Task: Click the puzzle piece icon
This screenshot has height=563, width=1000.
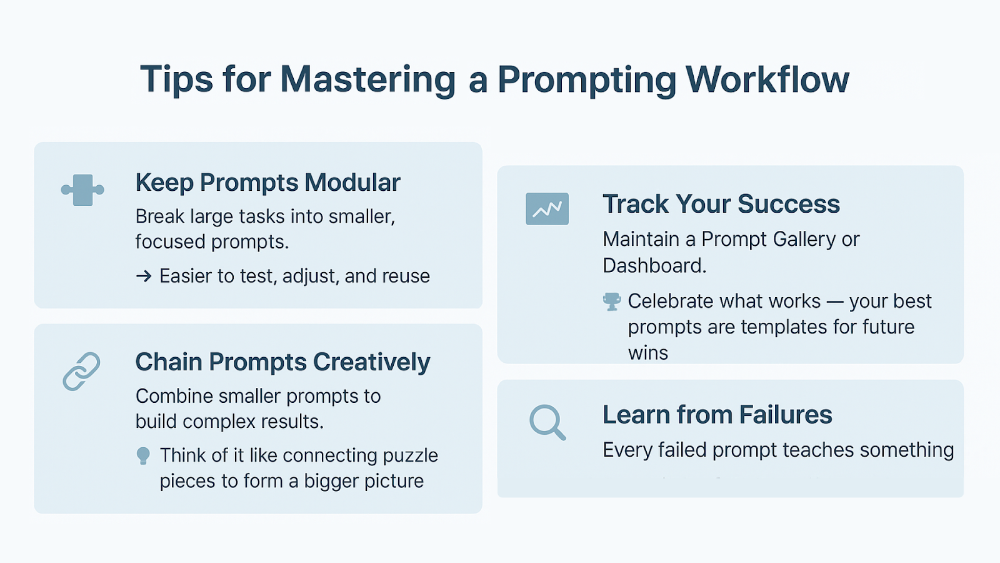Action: (82, 190)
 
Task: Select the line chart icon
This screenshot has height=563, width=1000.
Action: (547, 209)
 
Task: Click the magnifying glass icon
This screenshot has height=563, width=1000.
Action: (547, 422)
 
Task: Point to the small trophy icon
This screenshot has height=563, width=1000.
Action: (612, 302)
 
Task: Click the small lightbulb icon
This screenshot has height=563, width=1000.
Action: (143, 456)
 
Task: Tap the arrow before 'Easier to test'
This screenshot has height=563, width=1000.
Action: (144, 276)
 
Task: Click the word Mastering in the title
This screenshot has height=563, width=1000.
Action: (368, 79)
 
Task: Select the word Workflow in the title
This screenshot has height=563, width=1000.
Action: (767, 79)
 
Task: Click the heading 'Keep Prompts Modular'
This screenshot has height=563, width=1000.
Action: (268, 182)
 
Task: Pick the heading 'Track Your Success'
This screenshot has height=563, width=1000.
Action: (721, 204)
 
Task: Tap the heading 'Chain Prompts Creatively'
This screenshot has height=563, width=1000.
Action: (282, 362)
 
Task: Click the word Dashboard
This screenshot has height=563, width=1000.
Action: (654, 265)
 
